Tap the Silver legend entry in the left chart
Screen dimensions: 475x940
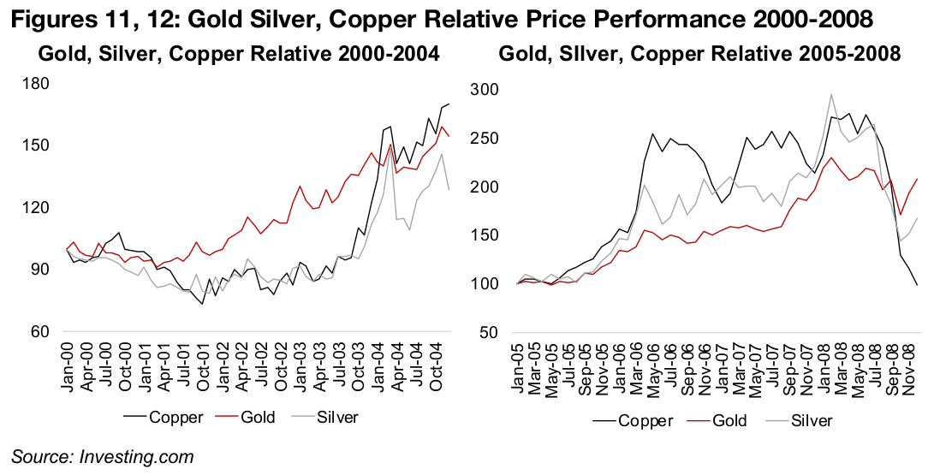pos(330,417)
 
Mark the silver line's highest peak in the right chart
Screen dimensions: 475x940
pos(830,95)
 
